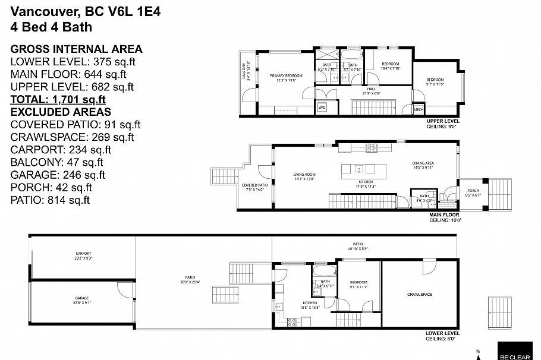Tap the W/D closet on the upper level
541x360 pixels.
point(322,108)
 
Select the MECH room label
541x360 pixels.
point(418,109)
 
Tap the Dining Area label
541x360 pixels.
point(423,165)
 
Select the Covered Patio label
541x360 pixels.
point(254,187)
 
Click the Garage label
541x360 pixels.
point(82,300)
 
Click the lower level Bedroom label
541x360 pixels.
point(358,284)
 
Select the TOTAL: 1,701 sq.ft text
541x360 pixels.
point(58,99)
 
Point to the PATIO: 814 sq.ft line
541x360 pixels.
point(51,200)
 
